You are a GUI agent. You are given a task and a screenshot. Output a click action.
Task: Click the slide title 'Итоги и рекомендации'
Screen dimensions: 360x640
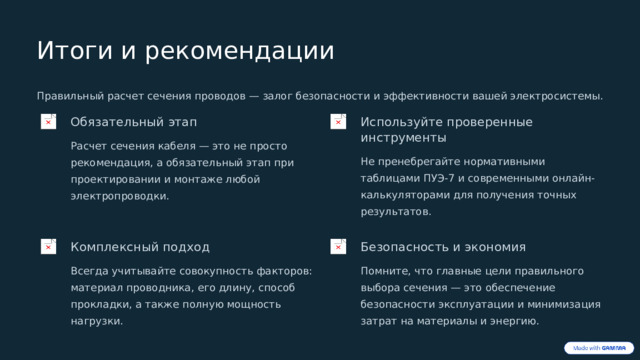(x=185, y=50)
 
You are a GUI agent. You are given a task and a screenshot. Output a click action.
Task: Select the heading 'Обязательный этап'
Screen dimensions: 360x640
(x=133, y=122)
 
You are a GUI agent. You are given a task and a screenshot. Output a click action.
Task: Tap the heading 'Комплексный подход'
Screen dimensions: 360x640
(x=140, y=246)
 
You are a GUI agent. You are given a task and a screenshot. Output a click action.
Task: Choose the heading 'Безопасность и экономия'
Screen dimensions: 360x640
(x=443, y=246)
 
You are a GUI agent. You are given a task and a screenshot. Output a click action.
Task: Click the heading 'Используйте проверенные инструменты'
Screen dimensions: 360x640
(x=446, y=129)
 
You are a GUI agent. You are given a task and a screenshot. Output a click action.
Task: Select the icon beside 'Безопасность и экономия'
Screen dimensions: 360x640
(x=338, y=246)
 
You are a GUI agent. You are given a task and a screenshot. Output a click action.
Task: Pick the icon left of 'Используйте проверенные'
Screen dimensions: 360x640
(x=338, y=122)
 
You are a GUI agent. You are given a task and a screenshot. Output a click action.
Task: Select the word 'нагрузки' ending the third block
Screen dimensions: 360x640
(x=96, y=321)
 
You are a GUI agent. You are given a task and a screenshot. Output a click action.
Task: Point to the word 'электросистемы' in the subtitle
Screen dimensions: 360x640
(x=556, y=97)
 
